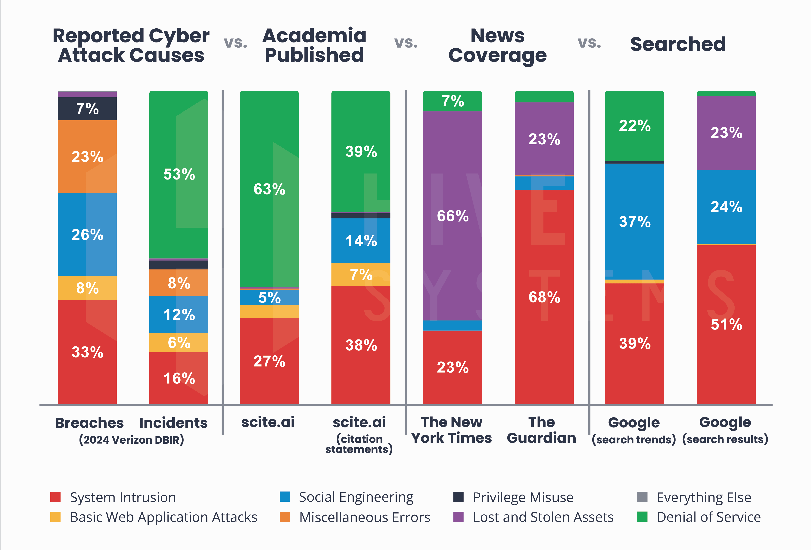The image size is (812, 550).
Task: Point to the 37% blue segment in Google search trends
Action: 634,221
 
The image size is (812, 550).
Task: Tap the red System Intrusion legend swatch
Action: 55,497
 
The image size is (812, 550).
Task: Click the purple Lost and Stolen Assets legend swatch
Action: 458,517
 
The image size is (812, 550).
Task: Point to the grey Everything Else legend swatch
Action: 642,497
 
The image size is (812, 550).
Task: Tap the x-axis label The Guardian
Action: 541,430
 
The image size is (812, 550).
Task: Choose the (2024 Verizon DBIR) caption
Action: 131,440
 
